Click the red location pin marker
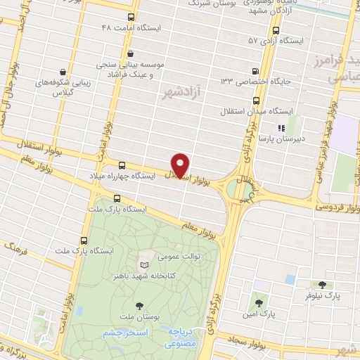pyautogui.click(x=181, y=165)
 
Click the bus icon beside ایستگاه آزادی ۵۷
pyautogui.click(x=275, y=31)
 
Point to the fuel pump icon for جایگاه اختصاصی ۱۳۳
pyautogui.click(x=255, y=70)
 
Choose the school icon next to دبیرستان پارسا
pyautogui.click(x=281, y=129)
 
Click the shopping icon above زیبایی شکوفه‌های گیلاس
pyautogui.click(x=63, y=72)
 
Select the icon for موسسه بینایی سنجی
pyautogui.click(x=130, y=53)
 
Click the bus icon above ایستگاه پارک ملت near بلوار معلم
pyautogui.click(x=116, y=198)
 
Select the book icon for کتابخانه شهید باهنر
pyautogui.click(x=144, y=265)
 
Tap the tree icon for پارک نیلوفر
pyautogui.click(x=322, y=285)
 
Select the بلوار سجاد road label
pyautogui.click(x=247, y=340)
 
